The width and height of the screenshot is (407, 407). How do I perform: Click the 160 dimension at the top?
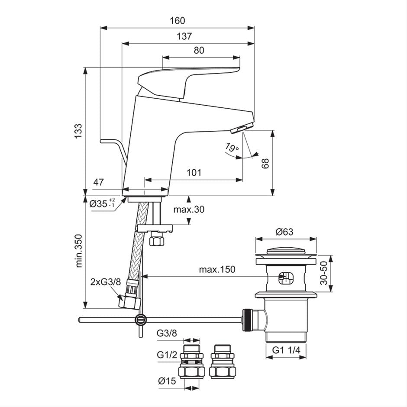coord(177,21)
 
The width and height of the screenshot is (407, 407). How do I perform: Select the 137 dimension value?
coord(184,36)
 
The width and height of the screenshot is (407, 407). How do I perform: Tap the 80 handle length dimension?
coord(199,50)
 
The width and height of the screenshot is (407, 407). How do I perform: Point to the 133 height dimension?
coord(78,131)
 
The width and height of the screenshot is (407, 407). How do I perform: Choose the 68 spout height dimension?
coord(265,163)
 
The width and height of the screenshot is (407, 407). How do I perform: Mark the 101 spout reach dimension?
coord(194,173)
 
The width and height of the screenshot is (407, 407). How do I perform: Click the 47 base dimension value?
coord(98,182)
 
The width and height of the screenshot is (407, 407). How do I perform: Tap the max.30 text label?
coord(189,210)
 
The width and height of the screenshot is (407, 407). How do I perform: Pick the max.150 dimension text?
coord(217,269)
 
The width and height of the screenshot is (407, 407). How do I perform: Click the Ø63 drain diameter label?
coord(284,232)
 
